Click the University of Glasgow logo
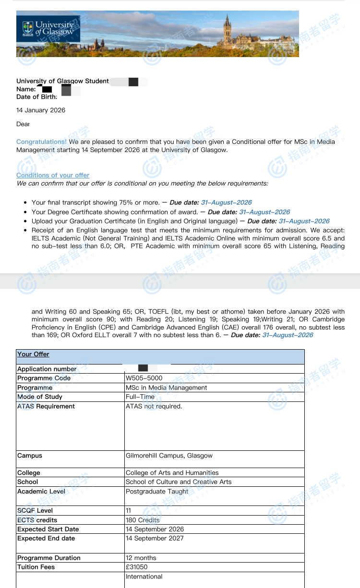48,29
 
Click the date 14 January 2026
41,110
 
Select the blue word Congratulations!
41,142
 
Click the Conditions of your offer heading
53,176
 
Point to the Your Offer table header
33,354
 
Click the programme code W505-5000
144,378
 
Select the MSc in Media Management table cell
166,388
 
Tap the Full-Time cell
140,397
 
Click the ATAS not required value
154,407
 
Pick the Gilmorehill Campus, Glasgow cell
169,456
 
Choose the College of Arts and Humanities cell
172,473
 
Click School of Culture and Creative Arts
179,482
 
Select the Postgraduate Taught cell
157,492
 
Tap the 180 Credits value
143,520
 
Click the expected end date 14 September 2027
155,539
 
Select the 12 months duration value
141,558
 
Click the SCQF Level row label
35,511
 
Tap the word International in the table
144,577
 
